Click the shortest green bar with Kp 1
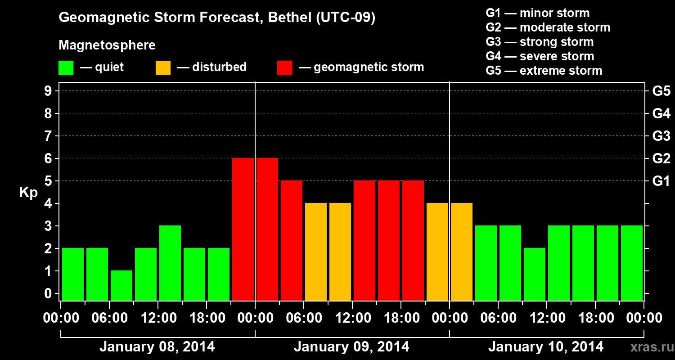pos(121,285)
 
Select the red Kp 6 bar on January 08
pos(243,229)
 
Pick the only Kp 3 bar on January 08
pos(170,263)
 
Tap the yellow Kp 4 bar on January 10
pos(462,252)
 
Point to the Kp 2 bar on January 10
pos(535,274)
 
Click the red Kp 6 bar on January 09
pos(267,229)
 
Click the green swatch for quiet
pos(66,68)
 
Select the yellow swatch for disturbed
pos(163,68)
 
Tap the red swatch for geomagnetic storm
pos(284,68)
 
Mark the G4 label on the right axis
pos(661,113)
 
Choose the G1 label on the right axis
pos(661,181)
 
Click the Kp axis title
pos(28,193)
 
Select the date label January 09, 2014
pos(351,347)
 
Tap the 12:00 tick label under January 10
pos(546,318)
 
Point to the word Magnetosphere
pos(107,45)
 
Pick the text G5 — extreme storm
pos(544,71)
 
